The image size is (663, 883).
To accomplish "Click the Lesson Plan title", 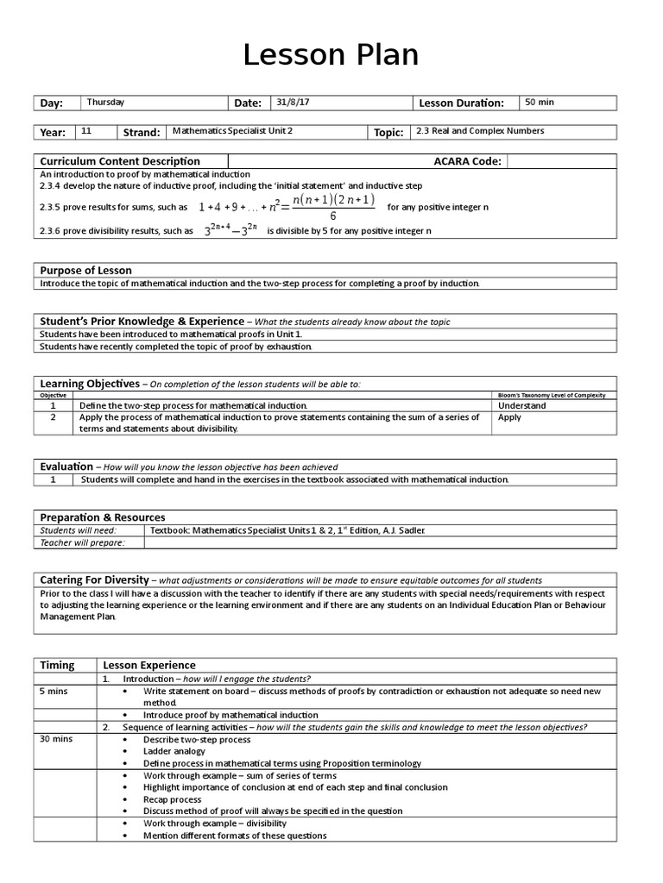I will (331, 54).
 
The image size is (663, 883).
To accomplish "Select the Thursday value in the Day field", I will (105, 103).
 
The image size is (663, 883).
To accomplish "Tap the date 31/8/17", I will (293, 103).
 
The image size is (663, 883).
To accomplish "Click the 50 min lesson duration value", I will (540, 103).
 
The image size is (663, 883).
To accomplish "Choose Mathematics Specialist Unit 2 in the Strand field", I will (233, 131).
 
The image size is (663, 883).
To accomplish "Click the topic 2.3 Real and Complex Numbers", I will (480, 131).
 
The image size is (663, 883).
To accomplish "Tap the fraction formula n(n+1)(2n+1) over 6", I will (333, 208).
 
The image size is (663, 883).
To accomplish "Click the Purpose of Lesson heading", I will (86, 271).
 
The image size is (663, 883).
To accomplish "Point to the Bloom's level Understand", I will (522, 405).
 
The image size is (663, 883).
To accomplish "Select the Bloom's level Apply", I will (509, 417).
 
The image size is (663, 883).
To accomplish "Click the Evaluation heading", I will (66, 467).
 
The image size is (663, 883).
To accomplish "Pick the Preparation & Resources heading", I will (103, 517).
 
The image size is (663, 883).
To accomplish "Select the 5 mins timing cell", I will (54, 692).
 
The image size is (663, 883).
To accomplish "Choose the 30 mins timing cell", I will (56, 740).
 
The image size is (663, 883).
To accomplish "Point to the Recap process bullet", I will (173, 799).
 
